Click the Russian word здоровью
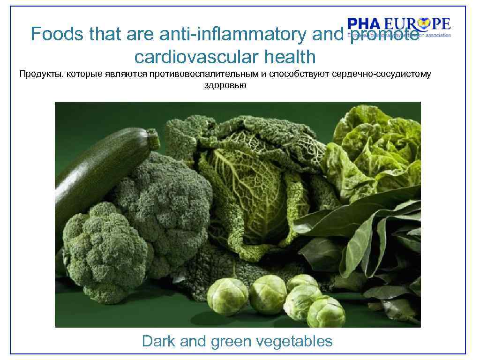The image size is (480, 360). (x=225, y=85)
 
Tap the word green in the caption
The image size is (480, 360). (x=230, y=341)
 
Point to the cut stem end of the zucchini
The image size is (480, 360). (x=153, y=139)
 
